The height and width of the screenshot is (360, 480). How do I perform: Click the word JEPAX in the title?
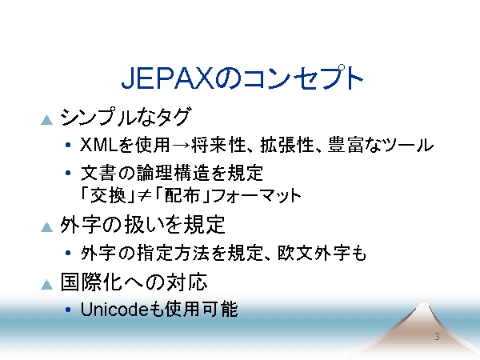pos(167,78)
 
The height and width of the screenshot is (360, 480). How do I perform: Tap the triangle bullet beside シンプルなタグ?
pos(47,120)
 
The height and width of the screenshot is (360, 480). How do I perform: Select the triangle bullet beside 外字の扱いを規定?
pos(47,227)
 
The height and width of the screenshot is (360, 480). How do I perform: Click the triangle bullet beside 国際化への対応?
pos(47,284)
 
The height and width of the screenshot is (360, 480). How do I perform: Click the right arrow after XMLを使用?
pos(182,145)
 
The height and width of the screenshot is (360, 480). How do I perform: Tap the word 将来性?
pos(218,145)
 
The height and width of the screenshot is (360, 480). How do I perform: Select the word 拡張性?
pos(287,145)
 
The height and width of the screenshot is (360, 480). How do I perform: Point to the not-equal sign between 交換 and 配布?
pos(144,196)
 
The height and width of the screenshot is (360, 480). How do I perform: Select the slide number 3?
pos(437,337)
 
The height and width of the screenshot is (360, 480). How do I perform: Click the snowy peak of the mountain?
pos(423,307)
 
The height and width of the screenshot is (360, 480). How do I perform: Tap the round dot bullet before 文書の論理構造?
pos(68,173)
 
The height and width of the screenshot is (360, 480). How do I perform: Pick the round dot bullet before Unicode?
pos(68,310)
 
